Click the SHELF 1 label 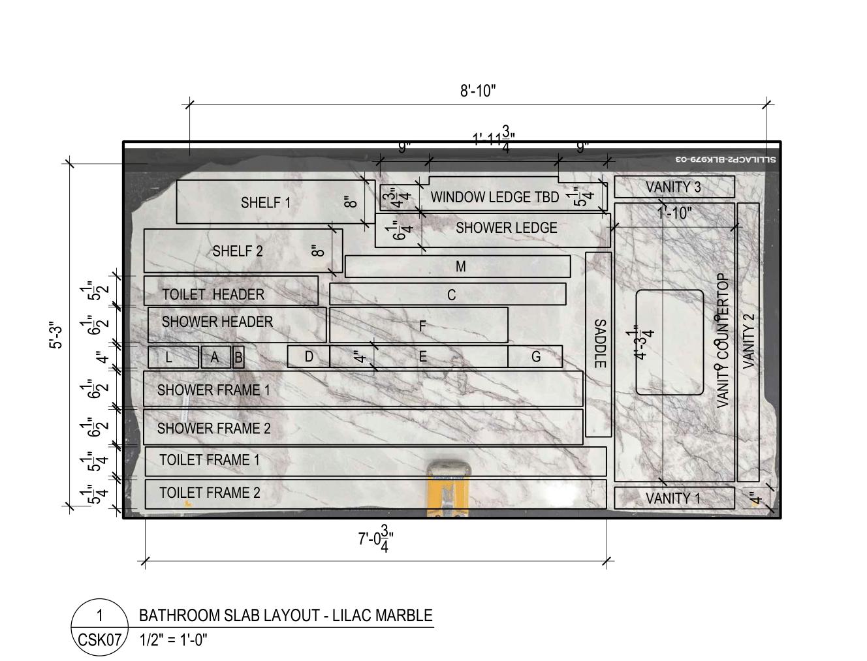pyautogui.click(x=266, y=203)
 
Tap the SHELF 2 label pyautogui.click(x=238, y=251)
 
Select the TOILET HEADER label pyautogui.click(x=213, y=295)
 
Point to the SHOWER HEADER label pyautogui.click(x=217, y=322)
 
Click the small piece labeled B pyautogui.click(x=238, y=358)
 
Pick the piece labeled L pyautogui.click(x=170, y=358)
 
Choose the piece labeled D pyautogui.click(x=309, y=357)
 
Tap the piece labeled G pyautogui.click(x=536, y=357)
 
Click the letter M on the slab pyautogui.click(x=460, y=266)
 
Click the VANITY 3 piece pyautogui.click(x=673, y=187)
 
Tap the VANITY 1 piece pyautogui.click(x=673, y=499)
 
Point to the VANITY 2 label pyautogui.click(x=748, y=341)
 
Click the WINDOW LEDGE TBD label pyautogui.click(x=494, y=197)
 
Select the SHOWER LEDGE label pyautogui.click(x=506, y=228)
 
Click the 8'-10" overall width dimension pyautogui.click(x=478, y=91)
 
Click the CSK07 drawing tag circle pyautogui.click(x=99, y=628)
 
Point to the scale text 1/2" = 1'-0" pyautogui.click(x=174, y=639)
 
